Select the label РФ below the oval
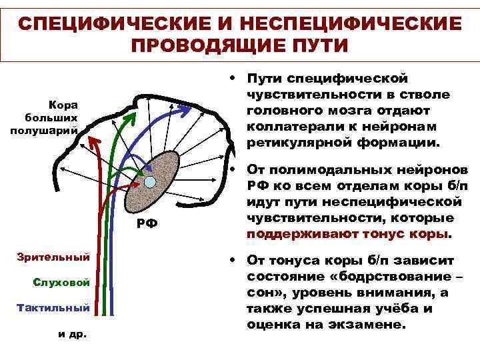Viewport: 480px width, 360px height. (x=147, y=223)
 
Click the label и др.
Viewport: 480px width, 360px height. (x=69, y=333)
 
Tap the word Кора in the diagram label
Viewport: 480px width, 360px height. (x=63, y=105)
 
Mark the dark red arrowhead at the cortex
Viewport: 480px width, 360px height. (x=94, y=142)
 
